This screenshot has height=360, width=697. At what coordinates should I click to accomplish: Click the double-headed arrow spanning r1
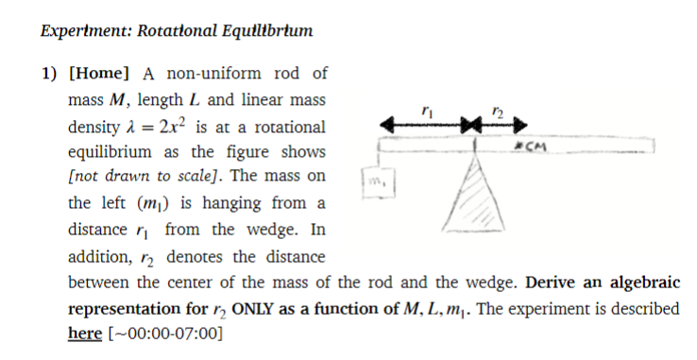click(x=425, y=124)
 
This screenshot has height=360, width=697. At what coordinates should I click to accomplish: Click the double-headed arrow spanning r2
click(x=498, y=124)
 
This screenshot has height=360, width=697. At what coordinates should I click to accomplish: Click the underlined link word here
click(x=83, y=334)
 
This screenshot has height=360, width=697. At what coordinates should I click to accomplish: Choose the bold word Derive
click(x=552, y=283)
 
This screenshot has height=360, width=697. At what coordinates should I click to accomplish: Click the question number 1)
click(x=48, y=74)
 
